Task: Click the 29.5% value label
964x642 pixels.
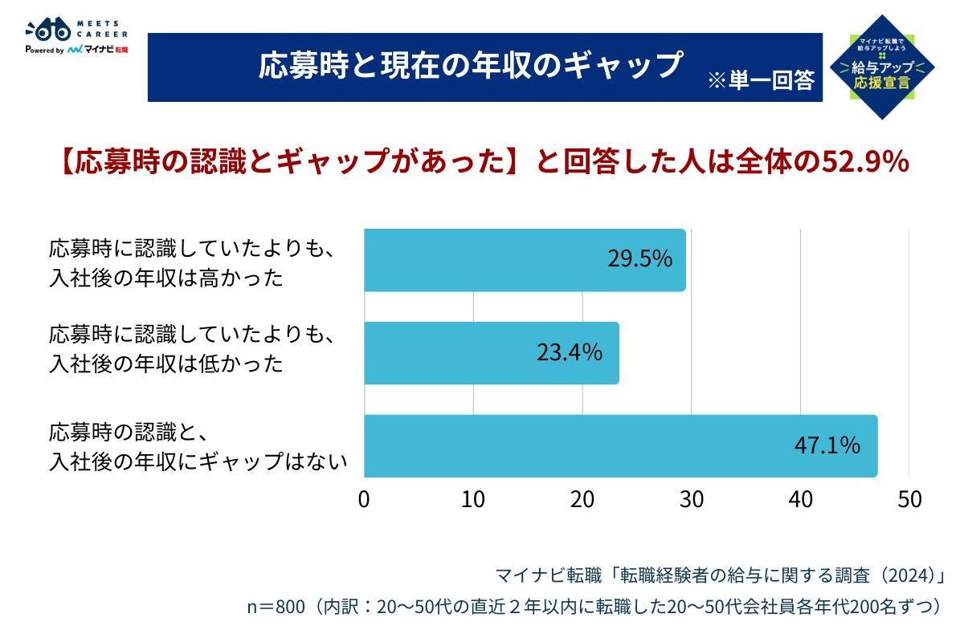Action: pos(639,259)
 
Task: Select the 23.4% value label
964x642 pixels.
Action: pos(570,352)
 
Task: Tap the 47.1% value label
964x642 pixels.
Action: pos(827,445)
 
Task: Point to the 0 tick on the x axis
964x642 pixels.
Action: pos(365,499)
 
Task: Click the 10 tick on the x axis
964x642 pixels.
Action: pos(473,499)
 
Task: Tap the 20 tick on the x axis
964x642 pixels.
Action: pos(582,499)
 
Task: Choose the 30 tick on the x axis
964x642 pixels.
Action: pos(691,499)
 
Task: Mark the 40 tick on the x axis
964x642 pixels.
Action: pos(800,499)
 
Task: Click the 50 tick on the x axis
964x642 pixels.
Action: pos(909,499)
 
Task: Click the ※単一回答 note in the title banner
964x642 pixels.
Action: pos(761,80)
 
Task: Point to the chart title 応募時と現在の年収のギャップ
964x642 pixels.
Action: pos(470,67)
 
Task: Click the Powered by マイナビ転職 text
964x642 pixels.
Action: pos(77,50)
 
